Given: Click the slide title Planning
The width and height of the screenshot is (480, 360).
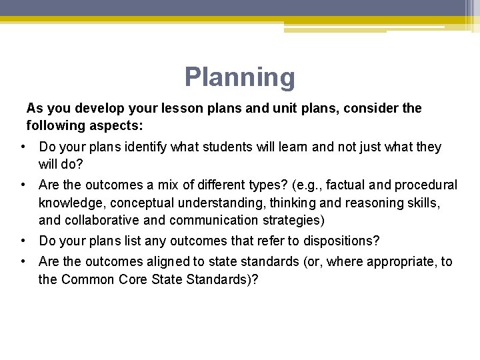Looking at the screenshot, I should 239,77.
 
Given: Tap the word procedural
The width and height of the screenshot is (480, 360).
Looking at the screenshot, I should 426,185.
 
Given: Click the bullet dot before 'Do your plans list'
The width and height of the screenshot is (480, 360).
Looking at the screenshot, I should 23,241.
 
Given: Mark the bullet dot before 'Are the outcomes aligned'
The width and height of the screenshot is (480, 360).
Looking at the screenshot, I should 23,262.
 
